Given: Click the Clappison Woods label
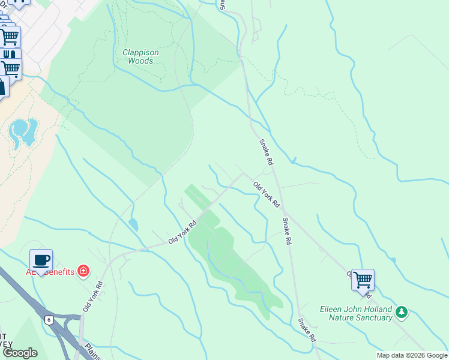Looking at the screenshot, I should (140, 56).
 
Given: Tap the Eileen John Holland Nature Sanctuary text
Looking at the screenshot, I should (360, 314).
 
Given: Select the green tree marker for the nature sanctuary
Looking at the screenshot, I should (402, 312).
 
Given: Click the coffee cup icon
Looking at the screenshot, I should (41, 261).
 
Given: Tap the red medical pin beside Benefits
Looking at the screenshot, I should (83, 272).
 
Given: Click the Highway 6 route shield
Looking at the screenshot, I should (49, 320).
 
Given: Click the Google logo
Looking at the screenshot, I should (20, 352).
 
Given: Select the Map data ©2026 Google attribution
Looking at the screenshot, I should (411, 355).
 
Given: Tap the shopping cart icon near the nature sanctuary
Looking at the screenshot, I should (363, 280).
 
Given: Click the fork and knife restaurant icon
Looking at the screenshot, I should (10, 55).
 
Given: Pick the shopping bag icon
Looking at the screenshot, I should (2, 87).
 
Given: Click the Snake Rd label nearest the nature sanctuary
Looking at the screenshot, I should (307, 329).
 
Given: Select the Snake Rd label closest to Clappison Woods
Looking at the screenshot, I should (266, 152).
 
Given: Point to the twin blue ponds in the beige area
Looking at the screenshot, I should (23, 131).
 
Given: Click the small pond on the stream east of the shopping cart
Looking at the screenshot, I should (393, 260).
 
